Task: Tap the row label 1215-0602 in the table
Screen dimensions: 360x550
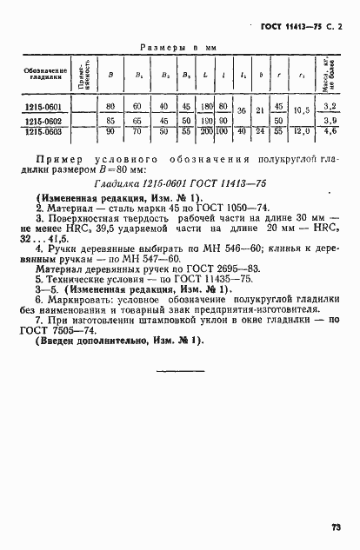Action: pyautogui.click(x=43, y=122)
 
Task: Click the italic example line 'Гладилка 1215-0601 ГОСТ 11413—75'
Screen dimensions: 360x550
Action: pyautogui.click(x=181, y=183)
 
